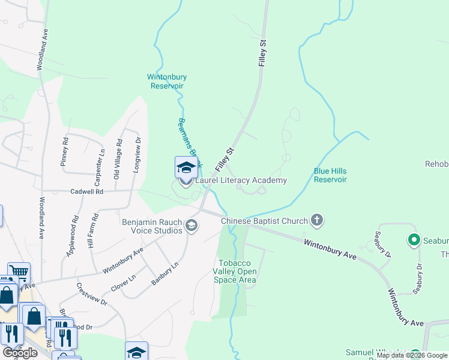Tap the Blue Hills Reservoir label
pos(330,175)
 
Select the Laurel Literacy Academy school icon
pos(186,168)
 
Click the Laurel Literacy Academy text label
pos(240,180)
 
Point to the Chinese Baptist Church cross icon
pos(318,221)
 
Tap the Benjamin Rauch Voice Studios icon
pos(192,226)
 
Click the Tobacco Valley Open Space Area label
pos(237,272)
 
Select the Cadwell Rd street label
pos(86,191)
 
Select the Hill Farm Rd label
pos(93,230)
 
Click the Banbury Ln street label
pos(165,273)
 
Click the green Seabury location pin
pos(414,241)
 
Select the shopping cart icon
pos(19,274)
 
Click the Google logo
pos(20,352)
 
